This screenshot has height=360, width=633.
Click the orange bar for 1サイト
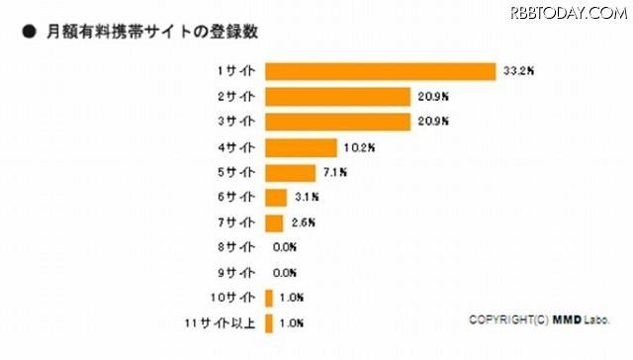click(x=380, y=71)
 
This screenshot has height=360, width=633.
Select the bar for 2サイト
click(x=337, y=97)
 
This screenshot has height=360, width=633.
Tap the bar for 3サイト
click(x=337, y=122)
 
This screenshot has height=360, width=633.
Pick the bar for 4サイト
click(x=301, y=147)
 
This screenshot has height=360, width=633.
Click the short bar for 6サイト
click(x=276, y=198)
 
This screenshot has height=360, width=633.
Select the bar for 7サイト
click(x=274, y=223)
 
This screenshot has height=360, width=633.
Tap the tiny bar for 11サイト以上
click(x=269, y=323)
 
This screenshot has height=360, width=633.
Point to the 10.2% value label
click(x=358, y=147)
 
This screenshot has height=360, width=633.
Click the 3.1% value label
click(x=307, y=198)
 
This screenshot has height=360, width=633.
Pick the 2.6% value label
click(x=303, y=223)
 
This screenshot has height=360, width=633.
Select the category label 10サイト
click(x=233, y=298)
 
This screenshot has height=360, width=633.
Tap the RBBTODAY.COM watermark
click(x=568, y=13)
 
